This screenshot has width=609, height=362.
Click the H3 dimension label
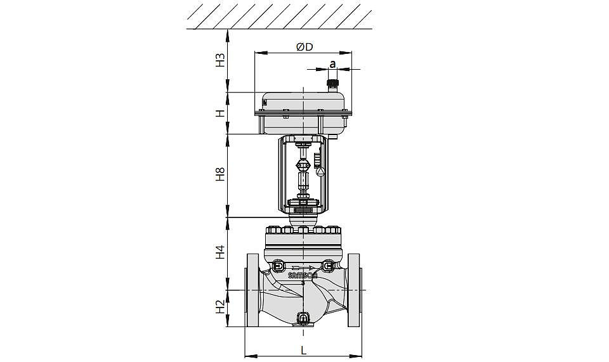[x=220, y=60]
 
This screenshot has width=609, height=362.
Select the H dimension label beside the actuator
[x=220, y=113]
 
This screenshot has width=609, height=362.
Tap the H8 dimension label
[x=220, y=174]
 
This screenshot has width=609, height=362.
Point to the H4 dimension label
[x=220, y=252]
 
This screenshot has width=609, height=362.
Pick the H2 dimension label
[x=220, y=307]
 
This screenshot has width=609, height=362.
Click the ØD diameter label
[x=304, y=47]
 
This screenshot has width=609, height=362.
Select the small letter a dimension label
[x=332, y=63]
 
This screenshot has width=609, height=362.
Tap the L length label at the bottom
[x=304, y=351]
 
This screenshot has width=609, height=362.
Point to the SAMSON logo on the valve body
[x=303, y=276]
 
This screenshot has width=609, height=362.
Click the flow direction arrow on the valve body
[x=302, y=268]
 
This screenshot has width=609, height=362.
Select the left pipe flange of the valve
[x=252, y=290]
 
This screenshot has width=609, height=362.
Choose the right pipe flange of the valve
[x=355, y=290]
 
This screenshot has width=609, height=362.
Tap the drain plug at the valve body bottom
[x=303, y=319]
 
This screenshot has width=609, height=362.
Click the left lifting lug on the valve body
[x=278, y=266]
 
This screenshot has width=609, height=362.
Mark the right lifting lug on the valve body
[x=327, y=266]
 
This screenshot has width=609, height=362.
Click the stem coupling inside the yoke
[x=303, y=165]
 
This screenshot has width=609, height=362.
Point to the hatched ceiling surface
[x=279, y=15]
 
